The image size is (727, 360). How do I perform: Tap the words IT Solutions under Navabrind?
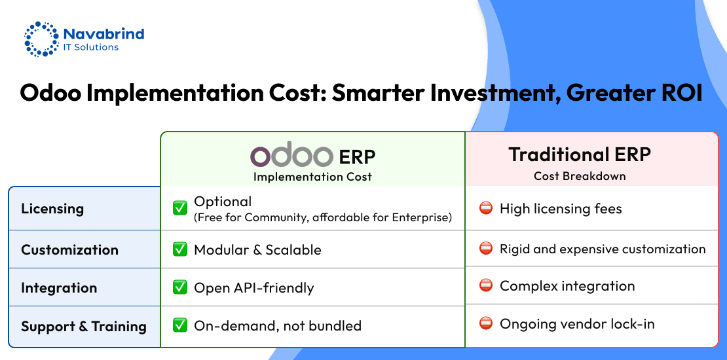(91, 47)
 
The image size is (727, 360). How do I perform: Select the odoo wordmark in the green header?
(291, 154)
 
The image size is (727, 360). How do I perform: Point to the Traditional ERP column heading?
(580, 154)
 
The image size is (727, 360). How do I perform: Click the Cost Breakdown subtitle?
(580, 176)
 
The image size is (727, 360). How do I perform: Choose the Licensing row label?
(52, 209)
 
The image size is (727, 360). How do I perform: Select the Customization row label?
(69, 250)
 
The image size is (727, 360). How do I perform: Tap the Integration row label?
(59, 288)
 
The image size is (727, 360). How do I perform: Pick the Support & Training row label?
(84, 326)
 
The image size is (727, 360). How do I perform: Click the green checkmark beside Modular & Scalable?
(179, 249)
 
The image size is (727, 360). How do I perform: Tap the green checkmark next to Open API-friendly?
(179, 287)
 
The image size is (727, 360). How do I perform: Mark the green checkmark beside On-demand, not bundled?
(179, 325)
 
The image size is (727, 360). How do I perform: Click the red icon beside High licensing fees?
(485, 209)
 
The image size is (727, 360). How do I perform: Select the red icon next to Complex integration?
(485, 285)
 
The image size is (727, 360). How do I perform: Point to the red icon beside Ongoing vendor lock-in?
(485, 323)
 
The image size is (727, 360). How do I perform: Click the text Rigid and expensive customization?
(603, 249)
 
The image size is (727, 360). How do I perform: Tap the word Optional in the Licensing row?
(223, 202)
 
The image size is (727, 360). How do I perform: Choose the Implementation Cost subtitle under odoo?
(312, 177)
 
